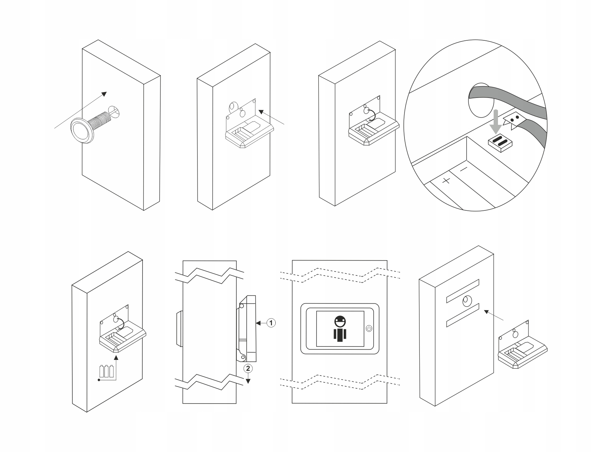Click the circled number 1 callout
coord(271,322)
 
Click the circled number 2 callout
coord(248,368)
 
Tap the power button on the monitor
coord(369,328)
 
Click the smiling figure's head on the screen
coord(340,321)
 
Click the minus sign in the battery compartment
coord(463,169)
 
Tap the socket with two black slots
coord(501,142)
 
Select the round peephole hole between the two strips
coord(466,301)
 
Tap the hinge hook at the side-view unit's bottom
coord(241,354)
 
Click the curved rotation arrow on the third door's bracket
coord(372,114)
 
